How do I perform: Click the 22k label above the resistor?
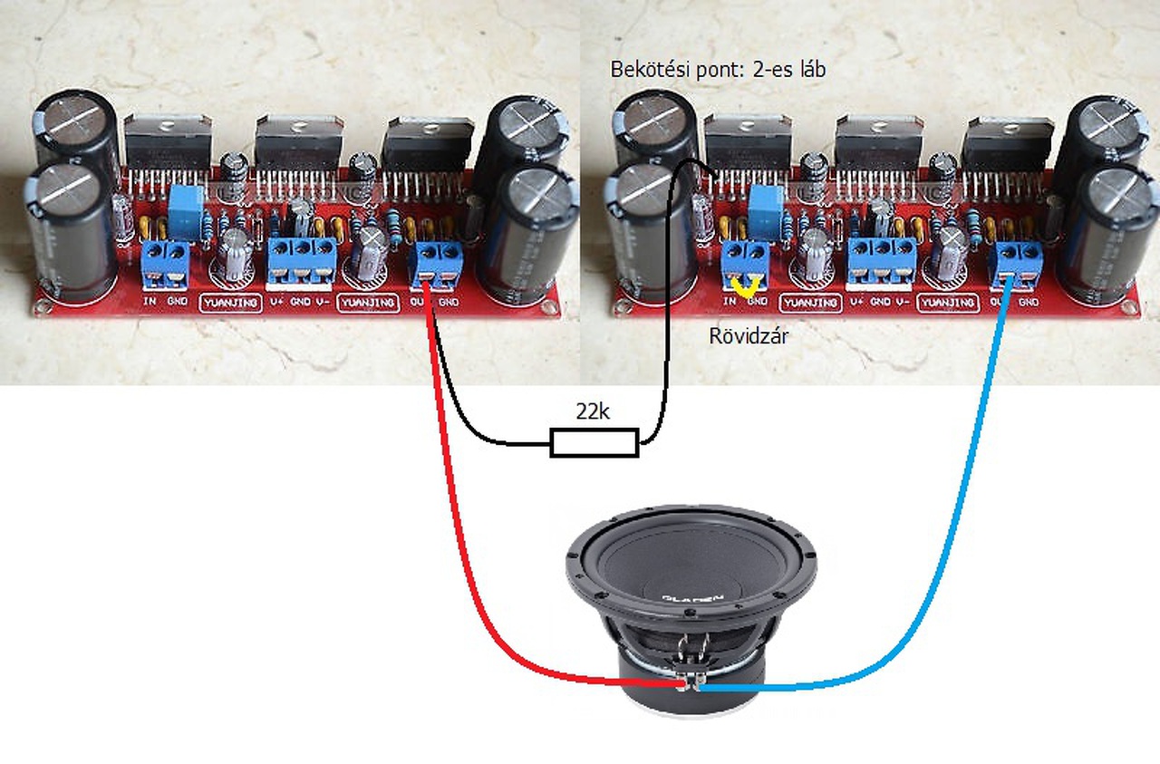coord(593,412)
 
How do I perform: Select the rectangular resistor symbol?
coord(594,444)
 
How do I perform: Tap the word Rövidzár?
coord(749,335)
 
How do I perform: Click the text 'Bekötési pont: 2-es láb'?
coord(718,70)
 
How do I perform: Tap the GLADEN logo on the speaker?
coord(693,597)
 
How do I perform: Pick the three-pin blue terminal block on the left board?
coord(302,262)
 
